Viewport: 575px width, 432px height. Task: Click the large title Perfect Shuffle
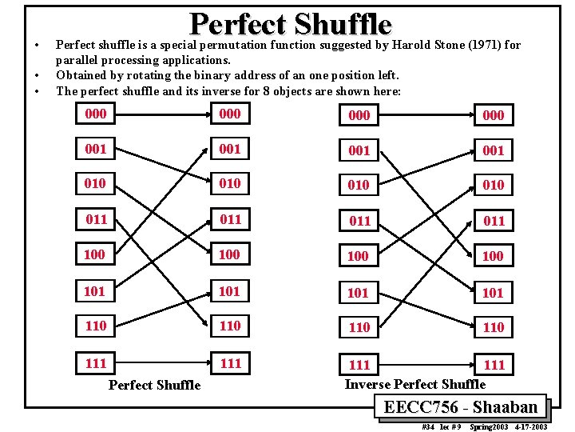pyautogui.click(x=291, y=24)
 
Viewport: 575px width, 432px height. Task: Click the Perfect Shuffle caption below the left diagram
pyautogui.click(x=154, y=385)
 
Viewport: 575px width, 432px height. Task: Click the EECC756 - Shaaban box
pyautogui.click(x=461, y=407)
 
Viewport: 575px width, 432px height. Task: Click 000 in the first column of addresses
pyautogui.click(x=95, y=114)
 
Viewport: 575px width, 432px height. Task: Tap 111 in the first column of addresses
pyautogui.click(x=95, y=363)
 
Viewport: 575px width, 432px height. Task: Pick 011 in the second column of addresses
pyautogui.click(x=230, y=219)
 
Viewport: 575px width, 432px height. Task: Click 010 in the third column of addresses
pyautogui.click(x=359, y=185)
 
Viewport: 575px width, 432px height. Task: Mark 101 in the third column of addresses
pyautogui.click(x=358, y=293)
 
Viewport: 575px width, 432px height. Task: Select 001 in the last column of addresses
pyautogui.click(x=494, y=150)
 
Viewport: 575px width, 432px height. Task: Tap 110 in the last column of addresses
pyautogui.click(x=494, y=327)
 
